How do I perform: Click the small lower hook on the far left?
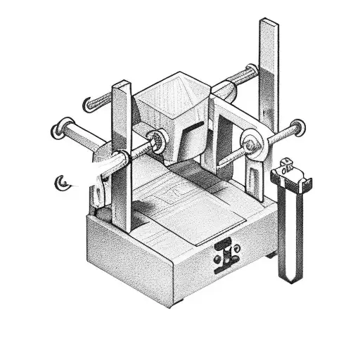click(62, 183)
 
